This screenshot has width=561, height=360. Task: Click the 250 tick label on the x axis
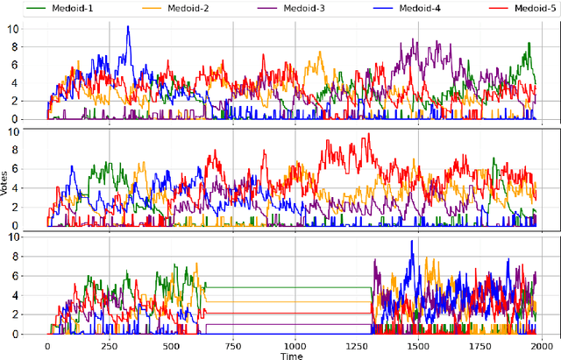pos(110,346)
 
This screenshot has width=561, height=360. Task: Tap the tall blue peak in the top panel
pos(129,27)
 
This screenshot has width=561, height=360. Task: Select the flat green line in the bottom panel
pos(289,287)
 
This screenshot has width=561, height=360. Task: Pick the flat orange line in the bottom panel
pos(289,302)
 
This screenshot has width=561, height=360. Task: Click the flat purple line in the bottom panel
pos(289,326)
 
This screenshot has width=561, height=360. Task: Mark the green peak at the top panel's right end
pos(529,44)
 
